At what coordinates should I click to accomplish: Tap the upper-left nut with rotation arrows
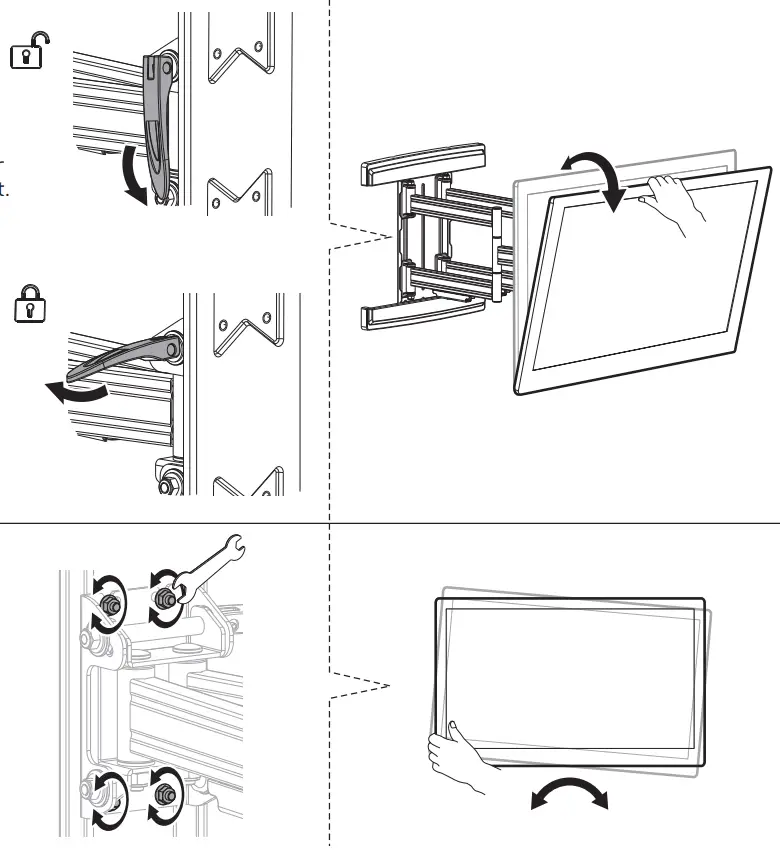coord(108,605)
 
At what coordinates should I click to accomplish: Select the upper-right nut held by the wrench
coord(162,597)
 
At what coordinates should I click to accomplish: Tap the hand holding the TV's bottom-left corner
coord(460,755)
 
